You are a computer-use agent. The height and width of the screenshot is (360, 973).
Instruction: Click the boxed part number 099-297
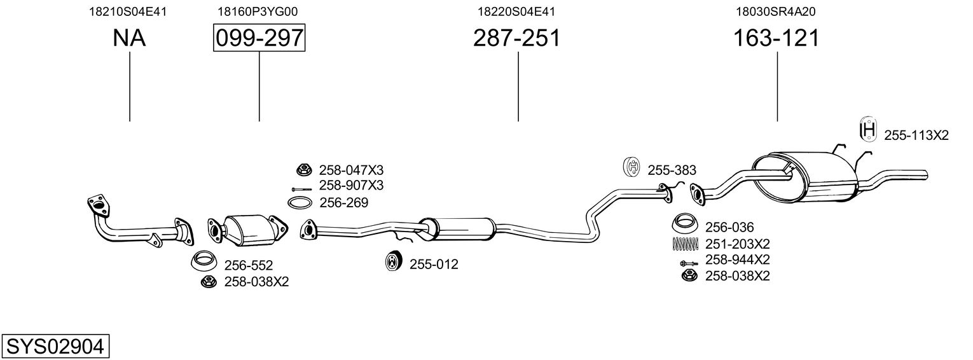[259, 39]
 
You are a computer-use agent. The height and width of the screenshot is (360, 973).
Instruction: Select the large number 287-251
[517, 39]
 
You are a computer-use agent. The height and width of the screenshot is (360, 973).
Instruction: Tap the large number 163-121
[776, 39]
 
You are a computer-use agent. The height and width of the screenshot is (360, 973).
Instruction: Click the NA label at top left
[129, 39]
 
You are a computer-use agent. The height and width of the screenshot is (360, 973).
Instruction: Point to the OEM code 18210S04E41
[129, 11]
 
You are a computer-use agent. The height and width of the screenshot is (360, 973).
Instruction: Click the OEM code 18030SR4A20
[776, 11]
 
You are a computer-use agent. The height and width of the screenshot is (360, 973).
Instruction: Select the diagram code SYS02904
[55, 347]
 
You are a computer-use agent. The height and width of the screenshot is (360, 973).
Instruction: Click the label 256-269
[343, 203]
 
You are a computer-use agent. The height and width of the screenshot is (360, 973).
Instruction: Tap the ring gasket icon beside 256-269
[300, 203]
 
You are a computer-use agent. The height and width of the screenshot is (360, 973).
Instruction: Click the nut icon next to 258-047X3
[303, 170]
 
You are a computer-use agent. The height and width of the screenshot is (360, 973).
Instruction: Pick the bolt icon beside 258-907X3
[301, 189]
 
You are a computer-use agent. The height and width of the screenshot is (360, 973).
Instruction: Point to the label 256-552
[248, 265]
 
